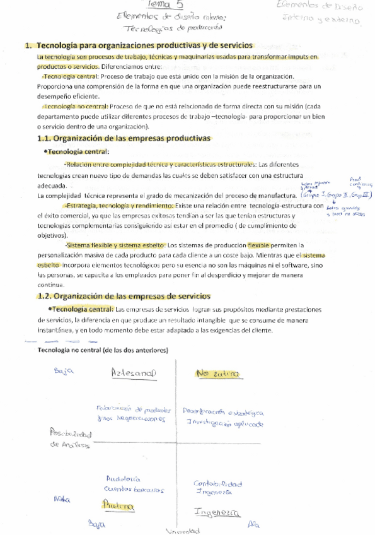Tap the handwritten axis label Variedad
coord(181,531)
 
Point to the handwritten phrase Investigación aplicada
coord(221,425)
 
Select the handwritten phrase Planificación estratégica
coord(224,413)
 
